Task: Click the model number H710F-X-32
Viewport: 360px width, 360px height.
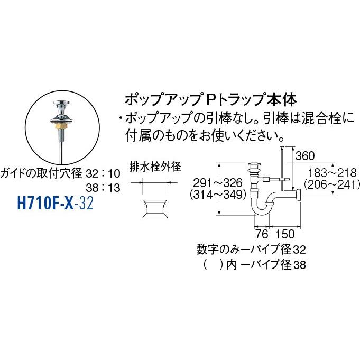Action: (56, 202)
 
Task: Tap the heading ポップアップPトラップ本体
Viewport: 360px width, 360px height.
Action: (210, 99)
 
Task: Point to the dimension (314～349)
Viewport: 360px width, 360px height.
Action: (217, 194)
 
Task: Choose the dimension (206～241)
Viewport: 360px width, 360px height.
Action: (331, 184)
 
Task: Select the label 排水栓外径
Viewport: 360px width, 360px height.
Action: (155, 167)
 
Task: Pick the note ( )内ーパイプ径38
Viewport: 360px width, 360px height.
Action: (251, 264)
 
